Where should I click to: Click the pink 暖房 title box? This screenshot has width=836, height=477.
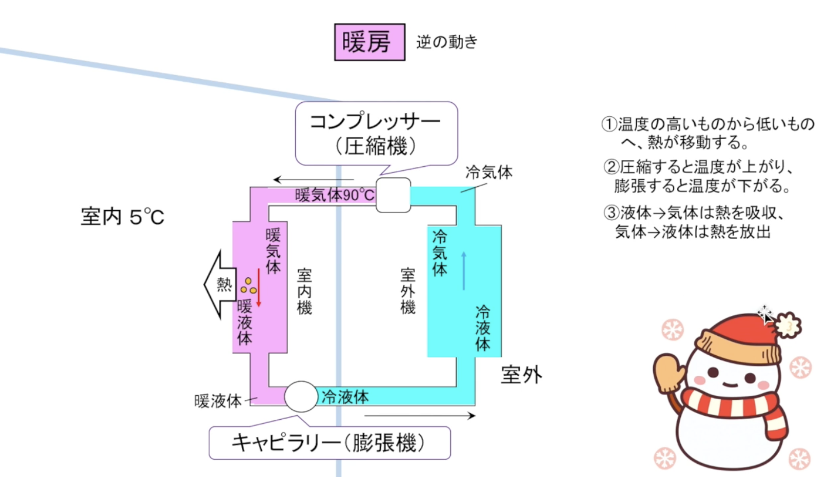coord(369,42)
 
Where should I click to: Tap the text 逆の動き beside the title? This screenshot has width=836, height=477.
coord(447,42)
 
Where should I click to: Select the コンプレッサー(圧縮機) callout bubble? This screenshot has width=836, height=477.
coord(376,133)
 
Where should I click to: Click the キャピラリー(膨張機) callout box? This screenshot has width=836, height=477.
coord(330,443)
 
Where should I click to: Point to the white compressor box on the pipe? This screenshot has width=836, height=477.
coord(394,195)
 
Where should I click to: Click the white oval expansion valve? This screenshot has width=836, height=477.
coord(301,396)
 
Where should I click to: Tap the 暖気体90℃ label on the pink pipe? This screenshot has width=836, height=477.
coord(335,195)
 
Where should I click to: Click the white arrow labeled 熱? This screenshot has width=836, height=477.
coord(220,285)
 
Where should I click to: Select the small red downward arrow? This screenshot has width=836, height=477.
coord(258,287)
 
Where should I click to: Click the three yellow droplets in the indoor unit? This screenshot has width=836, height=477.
coord(248,286)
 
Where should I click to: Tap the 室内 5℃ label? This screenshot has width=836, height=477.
coord(122,217)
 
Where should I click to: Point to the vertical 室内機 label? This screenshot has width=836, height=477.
coord(305,291)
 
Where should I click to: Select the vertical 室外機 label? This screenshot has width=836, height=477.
coord(408,291)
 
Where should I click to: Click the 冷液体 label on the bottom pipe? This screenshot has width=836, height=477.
coord(345,397)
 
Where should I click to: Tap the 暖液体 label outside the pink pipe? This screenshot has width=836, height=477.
coord(218,401)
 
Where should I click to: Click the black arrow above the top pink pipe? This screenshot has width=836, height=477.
coord(313,180)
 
